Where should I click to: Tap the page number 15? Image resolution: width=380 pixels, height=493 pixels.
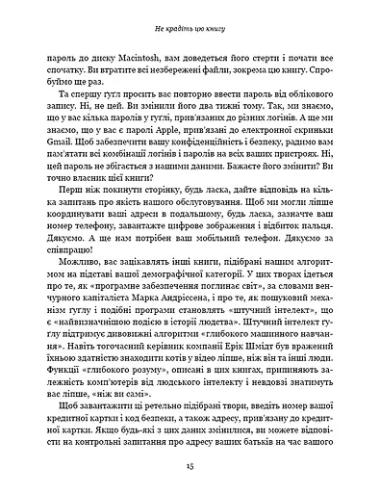190,469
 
